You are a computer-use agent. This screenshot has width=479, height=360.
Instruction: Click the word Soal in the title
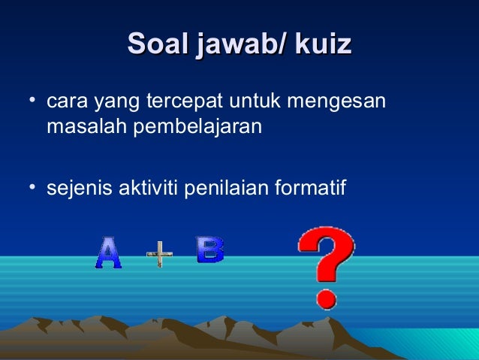158,44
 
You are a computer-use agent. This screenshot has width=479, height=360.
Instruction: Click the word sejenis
78,186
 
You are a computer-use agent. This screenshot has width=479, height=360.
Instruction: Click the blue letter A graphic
108,254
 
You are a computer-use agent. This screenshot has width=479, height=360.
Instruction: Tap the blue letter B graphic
209,250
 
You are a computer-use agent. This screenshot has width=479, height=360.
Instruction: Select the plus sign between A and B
159,254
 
